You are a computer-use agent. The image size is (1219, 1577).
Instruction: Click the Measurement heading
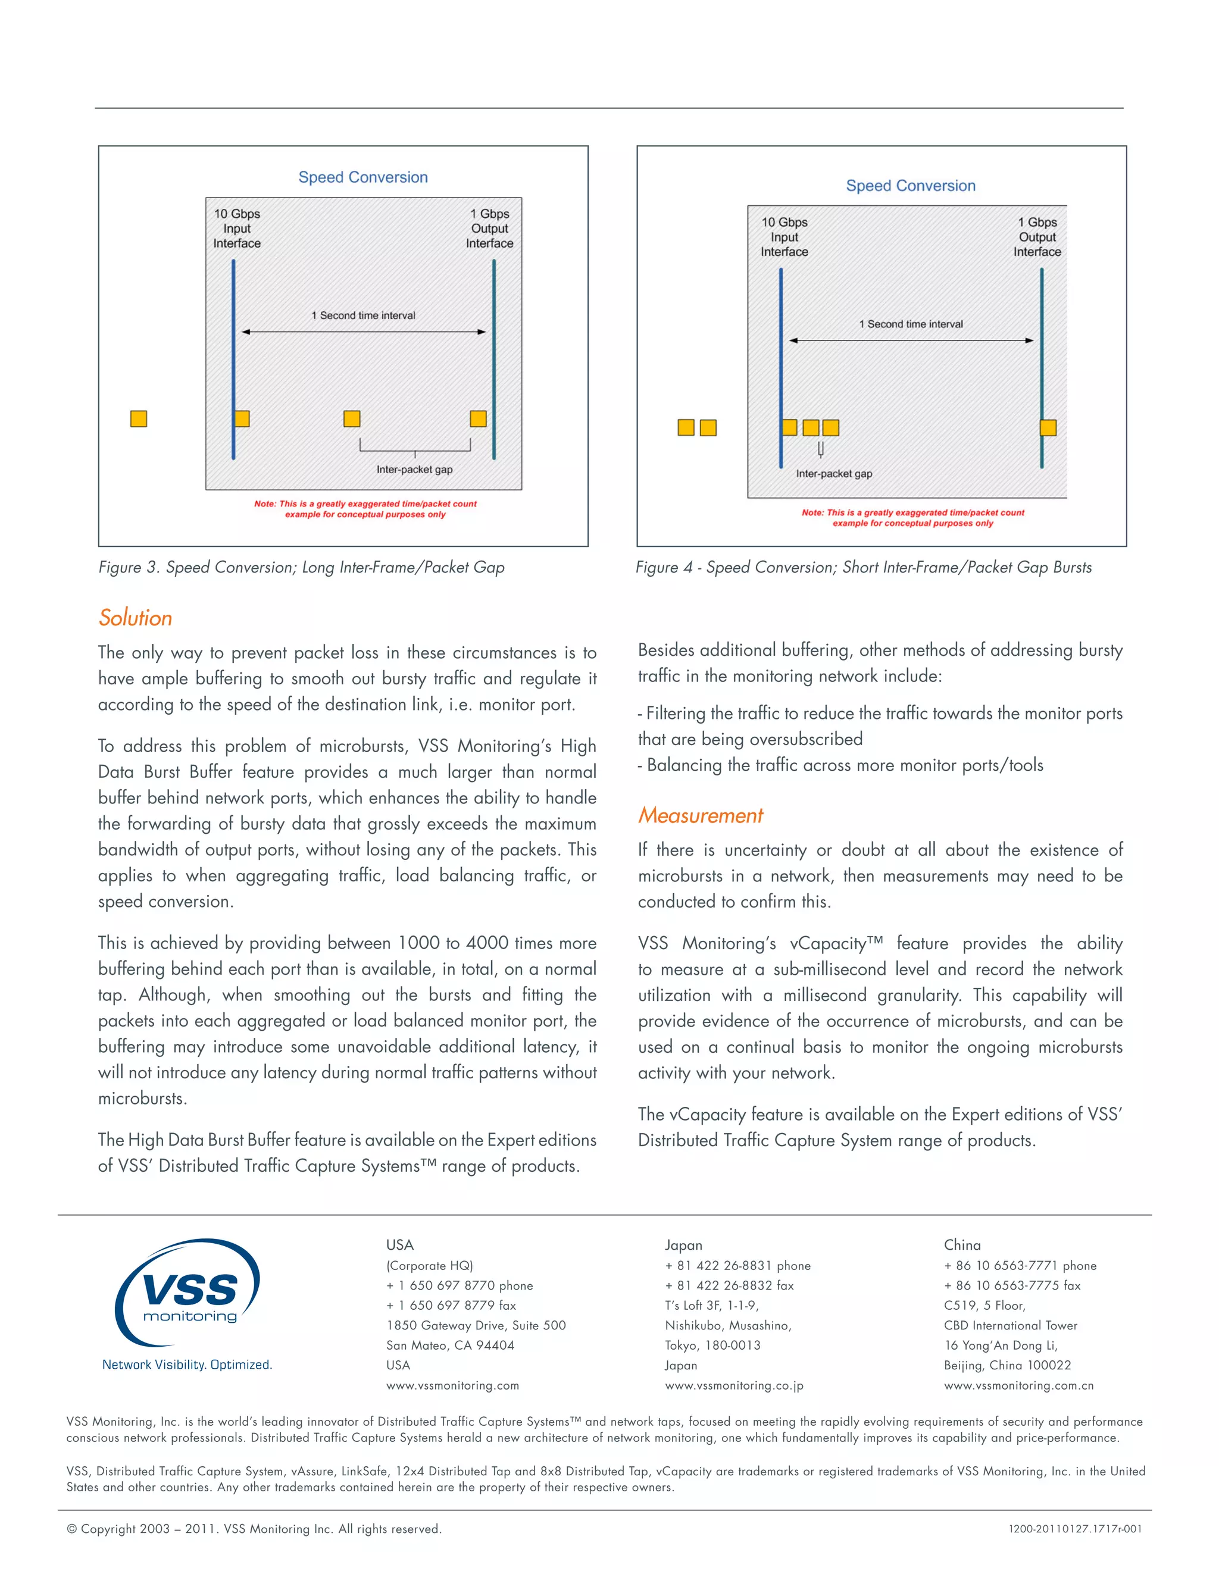point(700,815)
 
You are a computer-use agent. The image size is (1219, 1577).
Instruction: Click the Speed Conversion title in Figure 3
point(362,177)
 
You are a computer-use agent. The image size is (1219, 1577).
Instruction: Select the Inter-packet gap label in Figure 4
point(833,474)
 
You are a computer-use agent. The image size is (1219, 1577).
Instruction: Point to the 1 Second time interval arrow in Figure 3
point(363,332)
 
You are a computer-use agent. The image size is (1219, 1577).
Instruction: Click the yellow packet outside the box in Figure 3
point(139,419)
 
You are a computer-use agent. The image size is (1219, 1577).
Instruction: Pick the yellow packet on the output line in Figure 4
point(1048,427)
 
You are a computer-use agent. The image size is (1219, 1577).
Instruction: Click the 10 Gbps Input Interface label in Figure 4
point(784,237)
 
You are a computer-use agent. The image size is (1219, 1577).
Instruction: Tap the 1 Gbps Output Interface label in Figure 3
point(490,228)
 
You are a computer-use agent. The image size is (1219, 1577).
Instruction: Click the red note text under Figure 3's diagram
point(365,509)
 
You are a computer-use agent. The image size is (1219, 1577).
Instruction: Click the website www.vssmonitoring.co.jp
point(734,1385)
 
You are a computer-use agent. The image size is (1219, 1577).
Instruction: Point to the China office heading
point(962,1244)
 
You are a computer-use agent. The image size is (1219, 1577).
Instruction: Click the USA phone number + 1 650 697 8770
point(460,1285)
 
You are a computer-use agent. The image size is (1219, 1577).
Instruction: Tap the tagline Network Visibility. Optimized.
point(187,1364)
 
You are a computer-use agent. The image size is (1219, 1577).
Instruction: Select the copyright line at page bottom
point(254,1529)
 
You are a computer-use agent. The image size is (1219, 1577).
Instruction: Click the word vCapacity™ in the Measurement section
point(836,943)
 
